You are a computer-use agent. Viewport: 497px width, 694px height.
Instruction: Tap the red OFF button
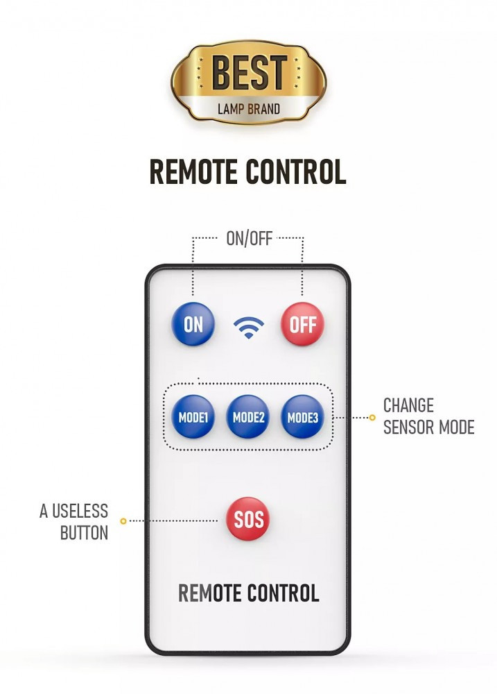pyautogui.click(x=302, y=324)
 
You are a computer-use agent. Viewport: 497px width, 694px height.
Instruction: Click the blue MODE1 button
pyautogui.click(x=193, y=417)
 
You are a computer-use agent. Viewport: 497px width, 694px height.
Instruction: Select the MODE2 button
pyautogui.click(x=248, y=417)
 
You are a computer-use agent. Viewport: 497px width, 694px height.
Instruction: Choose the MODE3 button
pyautogui.click(x=302, y=417)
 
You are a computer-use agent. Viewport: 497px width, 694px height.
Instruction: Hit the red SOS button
pyautogui.click(x=248, y=520)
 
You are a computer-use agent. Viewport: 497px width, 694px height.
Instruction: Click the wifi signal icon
pyautogui.click(x=248, y=326)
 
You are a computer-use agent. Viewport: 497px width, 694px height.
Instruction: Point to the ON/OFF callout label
pyautogui.click(x=249, y=239)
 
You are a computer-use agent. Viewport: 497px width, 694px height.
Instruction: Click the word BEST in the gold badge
pyautogui.click(x=249, y=74)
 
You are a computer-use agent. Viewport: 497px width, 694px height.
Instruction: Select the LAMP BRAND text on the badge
pyautogui.click(x=249, y=109)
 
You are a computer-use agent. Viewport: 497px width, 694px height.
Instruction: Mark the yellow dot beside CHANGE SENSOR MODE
pyautogui.click(x=372, y=417)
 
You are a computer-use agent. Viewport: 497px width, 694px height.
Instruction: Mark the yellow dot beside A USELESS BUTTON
pyautogui.click(x=123, y=520)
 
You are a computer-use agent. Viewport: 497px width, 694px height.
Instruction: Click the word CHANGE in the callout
pyautogui.click(x=408, y=405)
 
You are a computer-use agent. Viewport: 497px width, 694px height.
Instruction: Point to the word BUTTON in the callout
pyautogui.click(x=84, y=533)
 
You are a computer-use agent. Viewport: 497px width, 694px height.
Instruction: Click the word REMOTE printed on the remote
pyautogui.click(x=209, y=593)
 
